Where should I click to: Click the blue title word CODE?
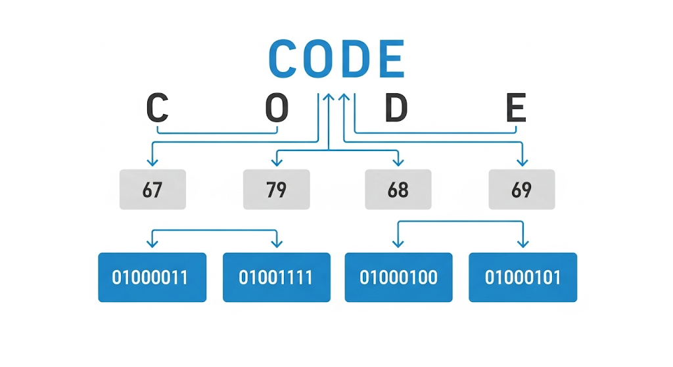[336, 58]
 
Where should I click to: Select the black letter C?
[157, 107]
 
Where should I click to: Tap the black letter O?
[277, 107]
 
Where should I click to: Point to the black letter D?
[396, 107]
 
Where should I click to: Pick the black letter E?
[516, 107]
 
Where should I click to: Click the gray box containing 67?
[152, 190]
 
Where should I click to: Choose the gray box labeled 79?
[277, 190]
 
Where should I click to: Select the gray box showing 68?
[398, 190]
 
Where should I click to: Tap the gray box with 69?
[522, 190]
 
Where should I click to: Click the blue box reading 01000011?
[152, 278]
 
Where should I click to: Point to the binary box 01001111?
[277, 278]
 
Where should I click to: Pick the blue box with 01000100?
[399, 278]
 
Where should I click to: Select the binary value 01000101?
[522, 278]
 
